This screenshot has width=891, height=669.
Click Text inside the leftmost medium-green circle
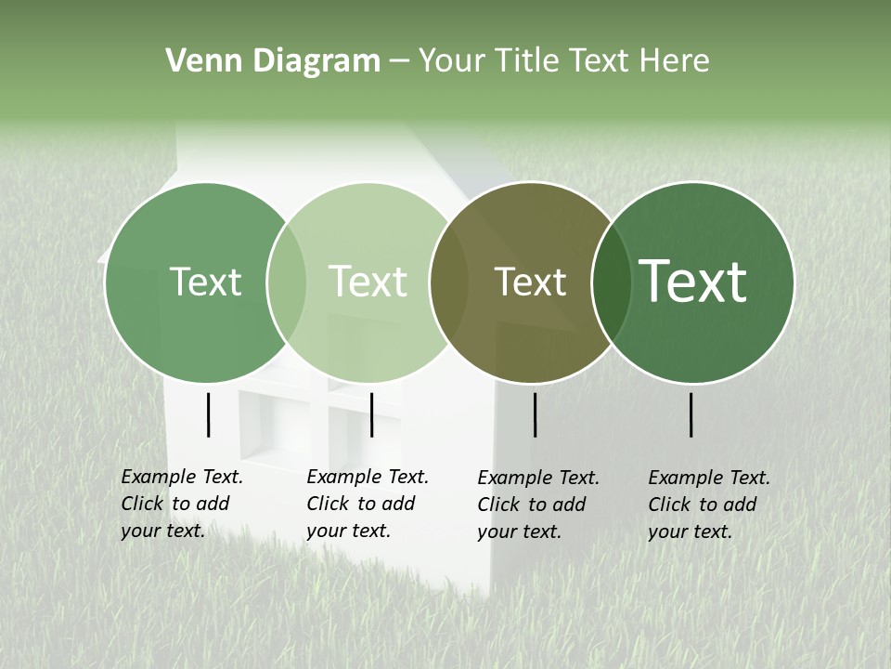coord(205,282)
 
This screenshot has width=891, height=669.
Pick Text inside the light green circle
coord(368,282)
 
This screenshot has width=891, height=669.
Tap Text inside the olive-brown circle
coord(530,282)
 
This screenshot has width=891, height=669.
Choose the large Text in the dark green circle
coord(693,282)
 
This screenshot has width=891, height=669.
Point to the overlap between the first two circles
coord(287,282)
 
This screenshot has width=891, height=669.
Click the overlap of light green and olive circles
coord(449,282)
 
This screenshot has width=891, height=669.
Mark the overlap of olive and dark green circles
coord(612,282)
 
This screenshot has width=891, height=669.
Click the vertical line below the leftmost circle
coord(209,414)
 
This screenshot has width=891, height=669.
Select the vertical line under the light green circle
coord(371,414)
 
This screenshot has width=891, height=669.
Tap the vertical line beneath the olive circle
coord(536,414)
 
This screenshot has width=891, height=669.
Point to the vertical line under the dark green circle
coord(691,414)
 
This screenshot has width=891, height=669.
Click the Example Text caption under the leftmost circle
coord(182,504)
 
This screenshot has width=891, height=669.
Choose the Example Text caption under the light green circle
coord(368,504)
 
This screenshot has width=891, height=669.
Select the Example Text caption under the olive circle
coord(538,505)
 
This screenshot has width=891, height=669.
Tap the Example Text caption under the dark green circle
coord(709,505)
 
